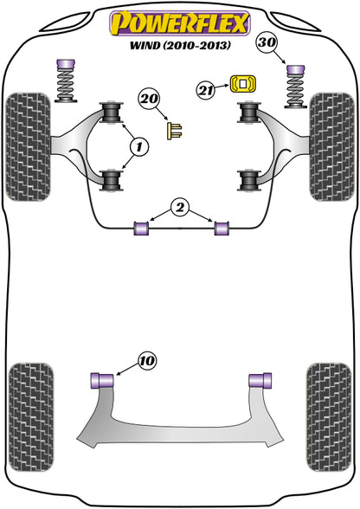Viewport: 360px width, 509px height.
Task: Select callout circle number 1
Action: pyautogui.click(x=138, y=148)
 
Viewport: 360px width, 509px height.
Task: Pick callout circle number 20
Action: pyautogui.click(x=149, y=101)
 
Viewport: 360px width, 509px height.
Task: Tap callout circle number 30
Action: pyautogui.click(x=268, y=43)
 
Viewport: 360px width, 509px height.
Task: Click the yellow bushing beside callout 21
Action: pyautogui.click(x=243, y=84)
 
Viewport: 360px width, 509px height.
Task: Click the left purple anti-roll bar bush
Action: pyautogui.click(x=141, y=228)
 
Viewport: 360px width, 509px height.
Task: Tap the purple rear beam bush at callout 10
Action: pyautogui.click(x=103, y=379)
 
